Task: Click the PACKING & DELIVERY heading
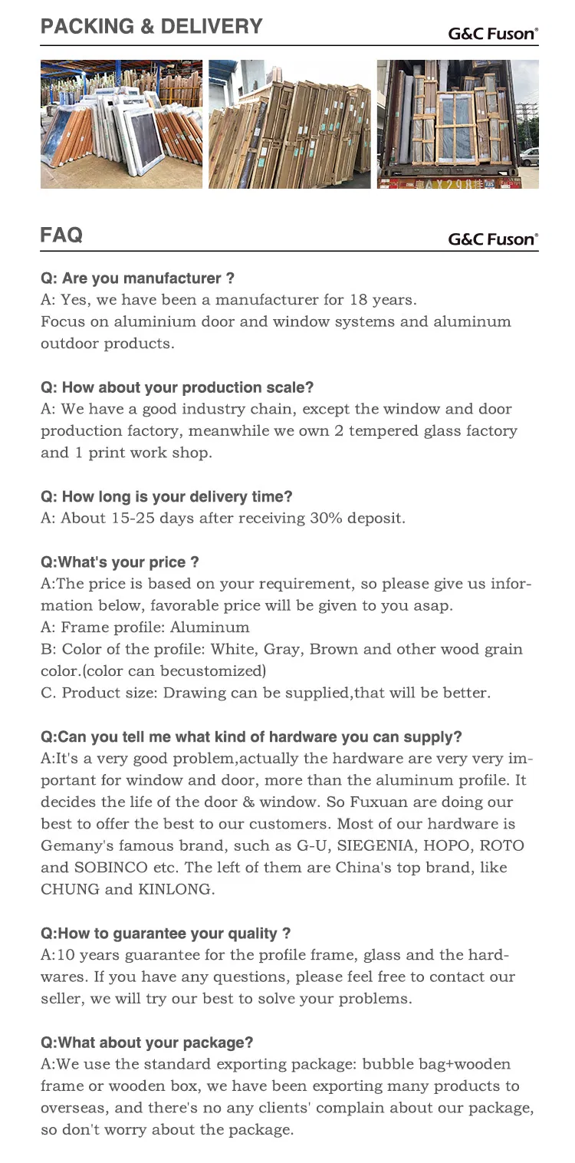pyautogui.click(x=151, y=27)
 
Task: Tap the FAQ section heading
pyautogui.click(x=61, y=235)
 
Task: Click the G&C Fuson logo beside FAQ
pyautogui.click(x=493, y=239)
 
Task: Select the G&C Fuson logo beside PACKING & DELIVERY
pyautogui.click(x=493, y=34)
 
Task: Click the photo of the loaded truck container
pyautogui.click(x=458, y=124)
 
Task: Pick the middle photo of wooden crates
pyautogui.click(x=289, y=124)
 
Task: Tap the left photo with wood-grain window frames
pyautogui.click(x=121, y=124)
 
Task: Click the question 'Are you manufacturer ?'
pyautogui.click(x=137, y=278)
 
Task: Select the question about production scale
pyautogui.click(x=177, y=387)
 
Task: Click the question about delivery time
pyautogui.click(x=166, y=496)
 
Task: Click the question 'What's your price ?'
pyautogui.click(x=120, y=562)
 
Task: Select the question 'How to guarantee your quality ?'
pyautogui.click(x=166, y=934)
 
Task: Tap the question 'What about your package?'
pyautogui.click(x=146, y=1043)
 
